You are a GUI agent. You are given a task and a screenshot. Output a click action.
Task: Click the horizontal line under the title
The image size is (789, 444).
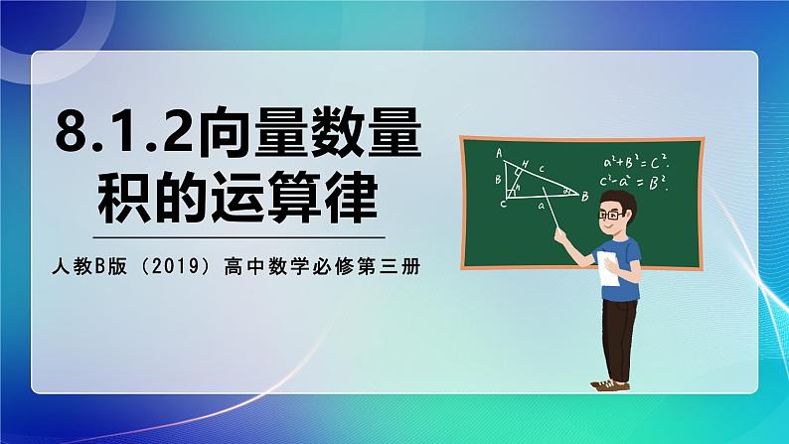[238, 237]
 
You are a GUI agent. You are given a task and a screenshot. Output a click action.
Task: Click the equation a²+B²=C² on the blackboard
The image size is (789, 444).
[635, 163]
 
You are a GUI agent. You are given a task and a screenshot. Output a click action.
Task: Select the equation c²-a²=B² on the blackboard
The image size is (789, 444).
[635, 182]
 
